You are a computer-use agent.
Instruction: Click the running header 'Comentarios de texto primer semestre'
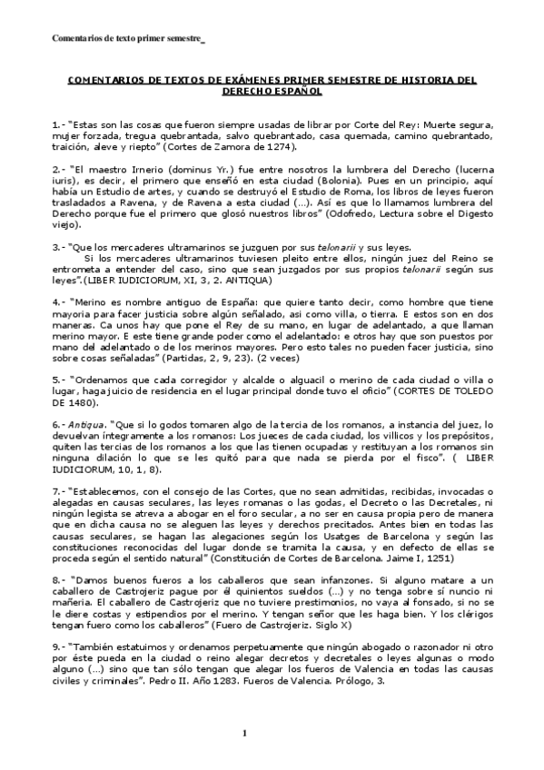coord(126,39)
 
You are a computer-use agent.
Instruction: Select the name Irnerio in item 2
coord(138,169)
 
